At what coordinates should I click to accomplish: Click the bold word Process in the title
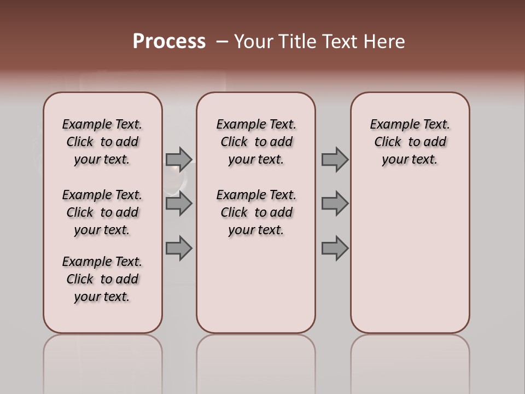[169, 42]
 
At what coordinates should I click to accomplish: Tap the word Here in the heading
[384, 42]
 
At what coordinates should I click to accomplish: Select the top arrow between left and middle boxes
[179, 159]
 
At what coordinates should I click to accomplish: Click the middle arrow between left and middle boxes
[179, 204]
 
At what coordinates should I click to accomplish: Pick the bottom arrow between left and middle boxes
[179, 248]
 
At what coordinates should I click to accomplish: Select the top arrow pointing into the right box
[335, 159]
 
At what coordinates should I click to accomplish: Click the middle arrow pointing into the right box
[335, 204]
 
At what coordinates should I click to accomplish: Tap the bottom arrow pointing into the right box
[335, 248]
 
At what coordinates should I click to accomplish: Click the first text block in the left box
[102, 142]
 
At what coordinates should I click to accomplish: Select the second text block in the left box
[102, 212]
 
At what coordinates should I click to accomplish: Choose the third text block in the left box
[102, 279]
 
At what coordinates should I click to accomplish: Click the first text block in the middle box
[256, 142]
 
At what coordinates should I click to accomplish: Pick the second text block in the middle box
[256, 212]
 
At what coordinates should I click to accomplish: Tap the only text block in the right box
[410, 142]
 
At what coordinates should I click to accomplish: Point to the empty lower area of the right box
[410, 257]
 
